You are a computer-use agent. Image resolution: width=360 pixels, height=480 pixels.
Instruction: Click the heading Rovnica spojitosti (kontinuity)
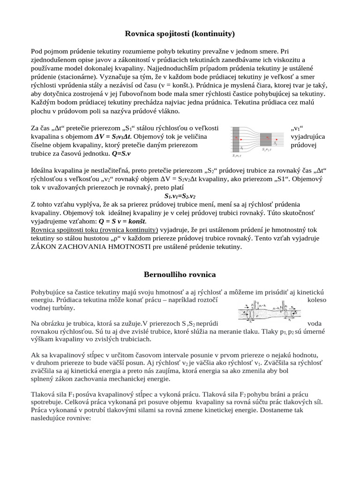(x=180, y=34)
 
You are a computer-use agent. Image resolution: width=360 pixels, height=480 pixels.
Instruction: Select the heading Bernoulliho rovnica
(x=180, y=274)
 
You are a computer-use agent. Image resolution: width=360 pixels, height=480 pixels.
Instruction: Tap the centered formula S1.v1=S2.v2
(x=180, y=196)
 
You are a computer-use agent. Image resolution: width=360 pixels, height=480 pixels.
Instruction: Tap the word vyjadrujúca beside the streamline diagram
(x=307, y=136)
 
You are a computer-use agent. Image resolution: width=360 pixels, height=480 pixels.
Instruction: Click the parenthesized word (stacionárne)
(x=76, y=76)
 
